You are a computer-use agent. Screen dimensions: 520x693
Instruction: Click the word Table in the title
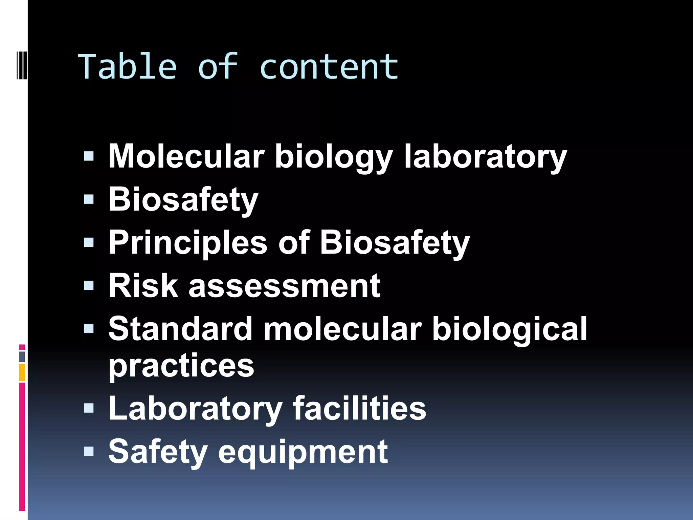tap(127, 67)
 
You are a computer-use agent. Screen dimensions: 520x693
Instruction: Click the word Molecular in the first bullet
tap(186, 156)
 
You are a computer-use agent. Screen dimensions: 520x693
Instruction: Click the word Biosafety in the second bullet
tap(183, 200)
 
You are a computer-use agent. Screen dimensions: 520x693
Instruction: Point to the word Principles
tap(188, 243)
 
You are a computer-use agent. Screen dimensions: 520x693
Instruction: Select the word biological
tap(509, 329)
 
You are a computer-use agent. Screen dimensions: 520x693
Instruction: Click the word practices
tap(181, 366)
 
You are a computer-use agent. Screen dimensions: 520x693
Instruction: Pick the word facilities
tap(359, 409)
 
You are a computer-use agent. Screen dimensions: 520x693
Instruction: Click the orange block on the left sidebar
tap(22, 372)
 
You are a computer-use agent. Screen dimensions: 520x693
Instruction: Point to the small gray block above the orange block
tap(22, 356)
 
